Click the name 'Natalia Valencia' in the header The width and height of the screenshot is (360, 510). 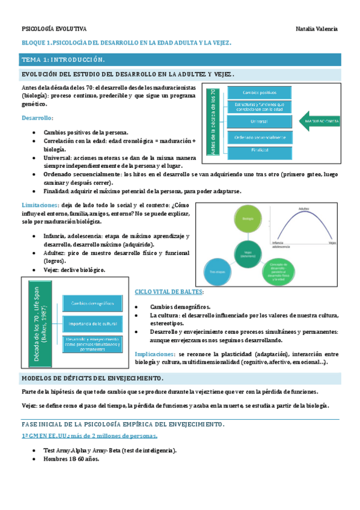(x=317, y=28)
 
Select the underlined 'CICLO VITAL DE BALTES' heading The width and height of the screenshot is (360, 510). (x=169, y=292)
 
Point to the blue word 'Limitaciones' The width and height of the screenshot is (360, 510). (x=39, y=205)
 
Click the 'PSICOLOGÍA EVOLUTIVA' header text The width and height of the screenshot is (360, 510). (x=54, y=28)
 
